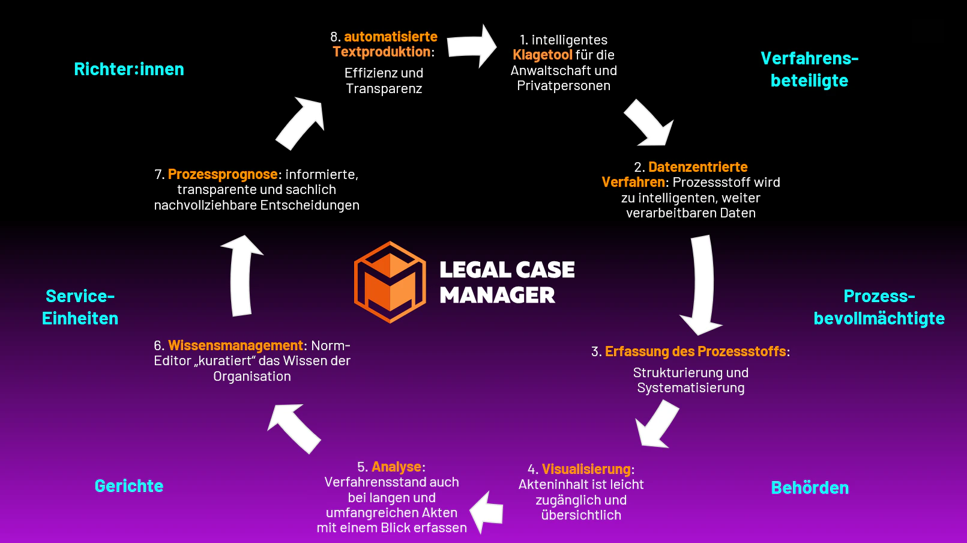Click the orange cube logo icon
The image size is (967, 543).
point(390,282)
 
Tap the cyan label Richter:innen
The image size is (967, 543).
point(129,69)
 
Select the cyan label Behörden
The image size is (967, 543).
point(810,488)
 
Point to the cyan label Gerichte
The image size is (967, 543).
point(129,486)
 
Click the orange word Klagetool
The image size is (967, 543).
point(543,55)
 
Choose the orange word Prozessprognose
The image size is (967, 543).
point(223,174)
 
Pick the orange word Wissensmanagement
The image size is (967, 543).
point(236,345)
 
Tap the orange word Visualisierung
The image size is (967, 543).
point(586,469)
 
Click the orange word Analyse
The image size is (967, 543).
point(396,467)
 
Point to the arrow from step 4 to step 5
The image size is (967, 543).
point(487,513)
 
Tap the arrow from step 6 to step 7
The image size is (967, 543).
point(241,276)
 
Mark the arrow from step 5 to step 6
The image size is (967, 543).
point(294,428)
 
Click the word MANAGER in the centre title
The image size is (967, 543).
point(498,296)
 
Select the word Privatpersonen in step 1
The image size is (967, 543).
point(564,85)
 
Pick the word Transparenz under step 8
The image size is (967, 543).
point(384,88)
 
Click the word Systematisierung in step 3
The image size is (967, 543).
point(691,388)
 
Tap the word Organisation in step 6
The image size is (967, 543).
point(252,376)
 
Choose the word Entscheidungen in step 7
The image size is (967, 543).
point(310,205)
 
